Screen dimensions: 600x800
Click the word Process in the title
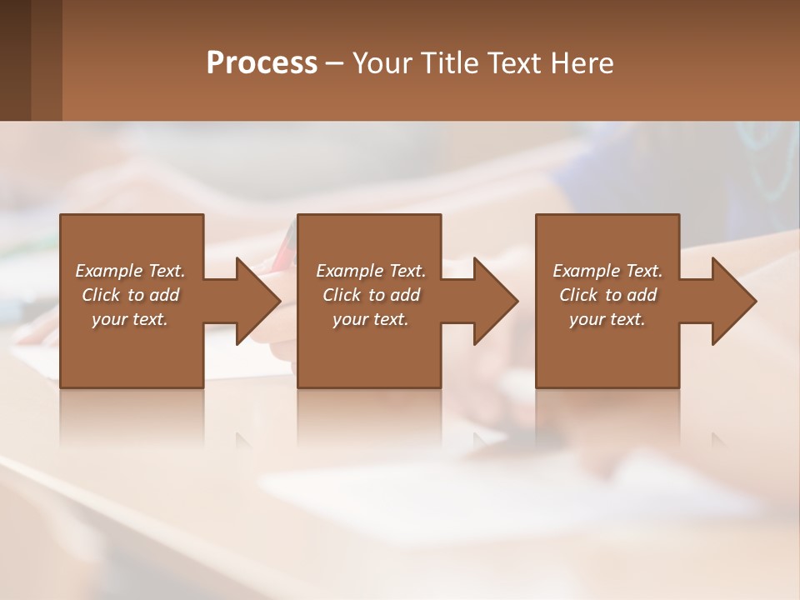[262, 63]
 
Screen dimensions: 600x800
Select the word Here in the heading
[581, 63]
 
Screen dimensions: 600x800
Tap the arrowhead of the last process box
[732, 301]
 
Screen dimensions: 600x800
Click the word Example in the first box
[108, 271]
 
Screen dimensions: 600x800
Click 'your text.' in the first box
[130, 319]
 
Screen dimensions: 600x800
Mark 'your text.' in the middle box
[371, 319]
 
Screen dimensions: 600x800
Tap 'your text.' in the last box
[607, 319]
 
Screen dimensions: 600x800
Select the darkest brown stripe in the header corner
[15, 60]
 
